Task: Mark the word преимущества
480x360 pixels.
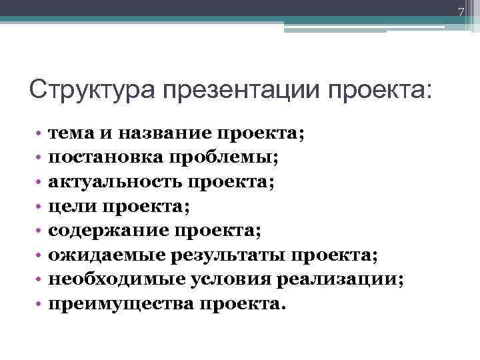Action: [118, 304]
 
